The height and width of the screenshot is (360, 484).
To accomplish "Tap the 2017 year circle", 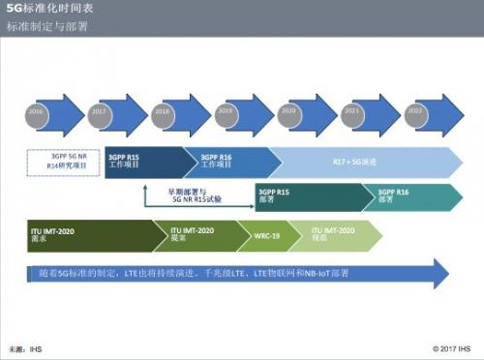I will point(98,112).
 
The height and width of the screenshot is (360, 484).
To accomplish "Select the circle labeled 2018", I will point(162,112).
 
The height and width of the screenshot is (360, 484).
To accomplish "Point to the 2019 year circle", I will point(225,112).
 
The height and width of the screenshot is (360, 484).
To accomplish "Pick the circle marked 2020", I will point(287,112).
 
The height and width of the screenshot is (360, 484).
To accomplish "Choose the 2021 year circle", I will point(351,112).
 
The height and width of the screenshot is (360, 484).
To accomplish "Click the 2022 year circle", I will point(415,112).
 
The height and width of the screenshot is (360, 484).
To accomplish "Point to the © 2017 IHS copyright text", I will point(450,346).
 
